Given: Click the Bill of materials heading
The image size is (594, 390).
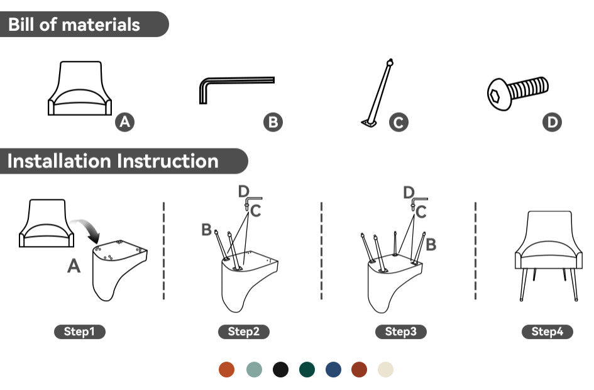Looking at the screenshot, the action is click(74, 25).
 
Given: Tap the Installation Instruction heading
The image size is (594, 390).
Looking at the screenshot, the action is click(113, 161).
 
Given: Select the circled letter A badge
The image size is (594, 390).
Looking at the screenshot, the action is click(125, 122).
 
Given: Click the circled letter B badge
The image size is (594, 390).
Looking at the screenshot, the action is click(273, 122).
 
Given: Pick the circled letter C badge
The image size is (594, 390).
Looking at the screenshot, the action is click(399, 122).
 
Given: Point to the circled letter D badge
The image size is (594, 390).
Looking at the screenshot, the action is click(552, 122).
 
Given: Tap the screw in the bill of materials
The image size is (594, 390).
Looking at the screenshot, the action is click(517, 93).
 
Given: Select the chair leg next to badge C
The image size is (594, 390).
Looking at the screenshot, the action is click(378, 93).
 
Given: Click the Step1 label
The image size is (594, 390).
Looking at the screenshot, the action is click(80, 331).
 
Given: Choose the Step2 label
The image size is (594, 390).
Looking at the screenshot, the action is click(244, 331).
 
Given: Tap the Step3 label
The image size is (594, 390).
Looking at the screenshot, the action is click(401, 331).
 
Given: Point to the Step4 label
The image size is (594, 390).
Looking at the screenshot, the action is click(547, 331).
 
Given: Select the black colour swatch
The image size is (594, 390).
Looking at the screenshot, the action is click(280, 369).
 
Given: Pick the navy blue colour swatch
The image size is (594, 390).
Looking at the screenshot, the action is click(333, 369).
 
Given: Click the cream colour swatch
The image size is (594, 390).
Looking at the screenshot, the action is click(386, 369).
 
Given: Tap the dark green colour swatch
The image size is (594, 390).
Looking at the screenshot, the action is click(307, 369).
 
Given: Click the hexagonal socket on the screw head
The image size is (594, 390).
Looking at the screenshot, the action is click(494, 96).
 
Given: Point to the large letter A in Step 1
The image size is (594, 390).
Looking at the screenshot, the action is click(74, 265).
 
